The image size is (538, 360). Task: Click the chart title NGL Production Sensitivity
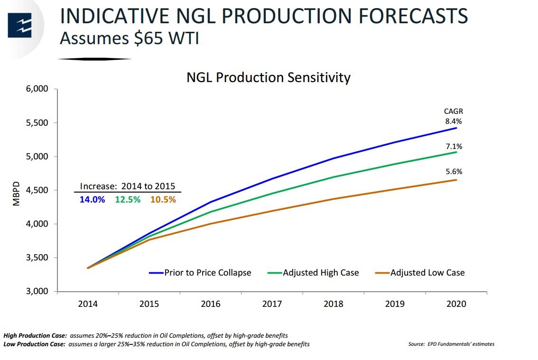269,77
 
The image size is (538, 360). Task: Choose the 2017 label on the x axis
272,304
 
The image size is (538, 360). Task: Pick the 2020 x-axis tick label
456,304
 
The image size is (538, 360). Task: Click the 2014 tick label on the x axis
88,304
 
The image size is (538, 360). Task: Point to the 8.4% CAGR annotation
454,121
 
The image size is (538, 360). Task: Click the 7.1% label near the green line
454,147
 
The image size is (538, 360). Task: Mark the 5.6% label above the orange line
454,172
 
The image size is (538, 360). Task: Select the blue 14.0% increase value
92,200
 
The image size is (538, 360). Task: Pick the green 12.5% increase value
128,200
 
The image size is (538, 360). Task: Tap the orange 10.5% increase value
163,200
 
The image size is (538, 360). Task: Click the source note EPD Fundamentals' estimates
451,344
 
